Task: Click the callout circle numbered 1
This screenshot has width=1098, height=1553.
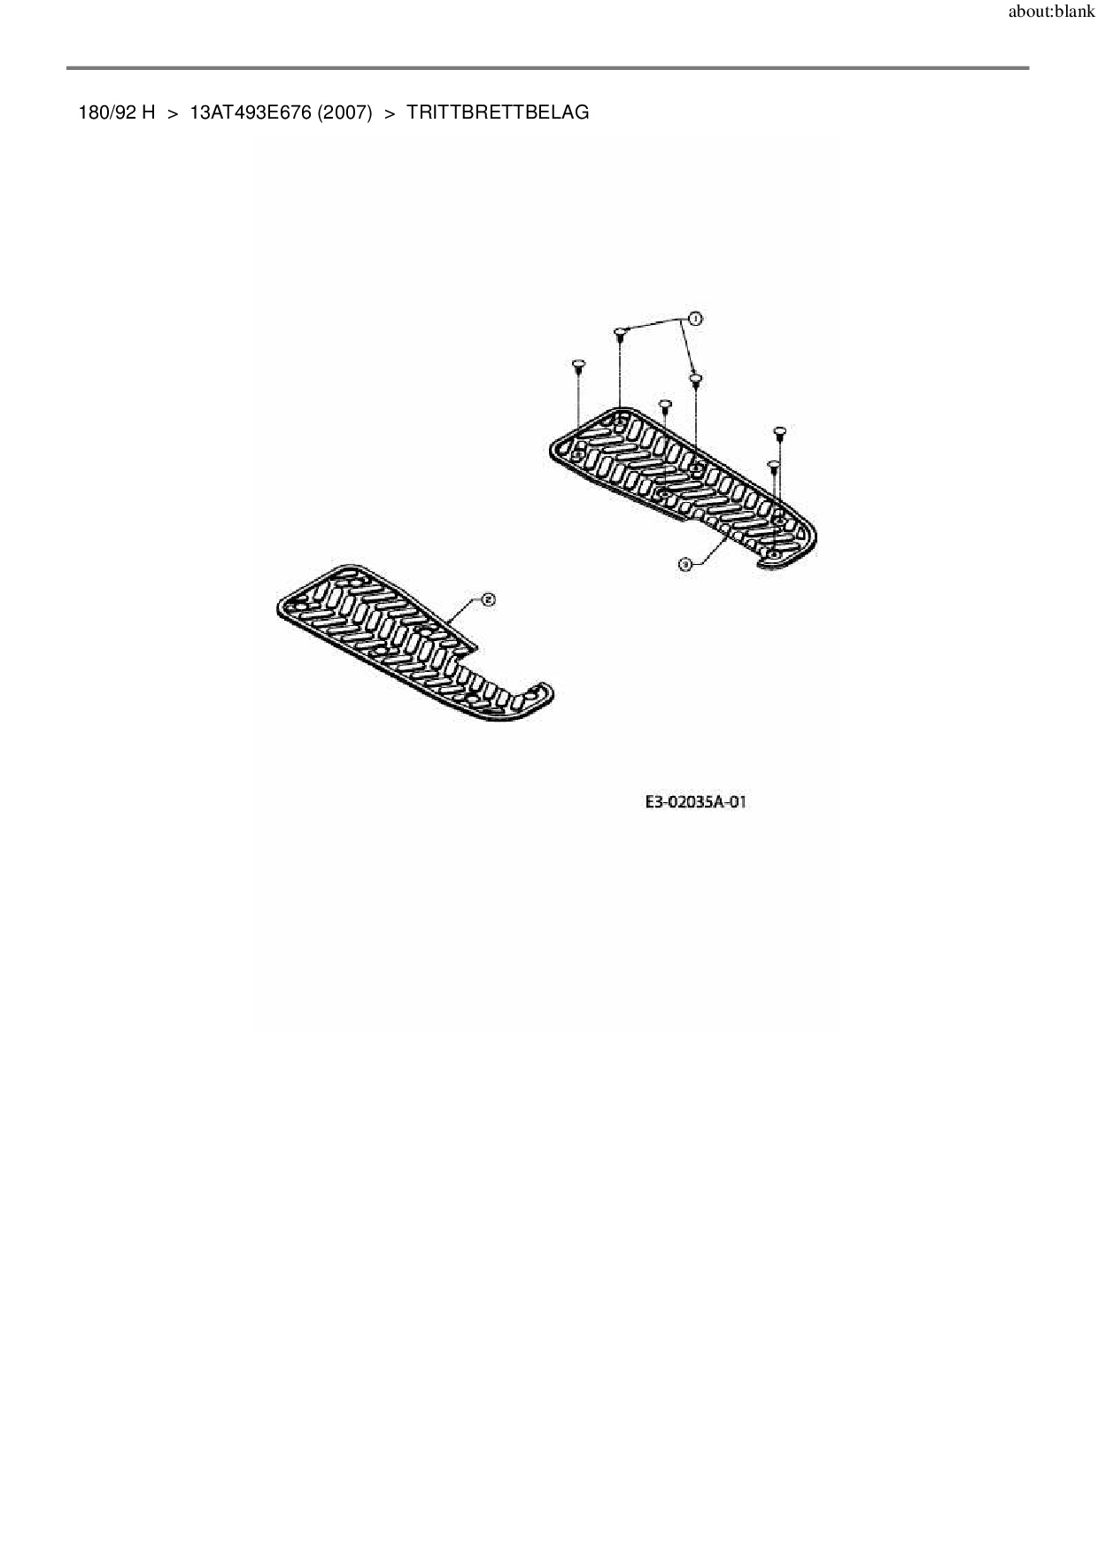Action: click(x=695, y=318)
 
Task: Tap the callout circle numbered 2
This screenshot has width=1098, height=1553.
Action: click(x=487, y=599)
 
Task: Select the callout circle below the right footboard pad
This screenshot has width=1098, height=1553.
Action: click(x=684, y=563)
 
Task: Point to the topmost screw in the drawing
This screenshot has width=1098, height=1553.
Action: click(x=621, y=333)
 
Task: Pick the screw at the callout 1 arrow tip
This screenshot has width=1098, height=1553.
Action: click(x=696, y=380)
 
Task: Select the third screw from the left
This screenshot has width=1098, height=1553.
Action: click(x=666, y=406)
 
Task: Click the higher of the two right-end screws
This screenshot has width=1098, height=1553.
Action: click(x=780, y=432)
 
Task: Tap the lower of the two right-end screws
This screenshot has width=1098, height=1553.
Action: click(x=773, y=464)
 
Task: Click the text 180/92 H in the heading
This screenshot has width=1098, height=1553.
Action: click(x=117, y=113)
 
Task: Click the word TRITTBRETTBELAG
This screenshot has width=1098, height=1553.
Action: click(x=498, y=113)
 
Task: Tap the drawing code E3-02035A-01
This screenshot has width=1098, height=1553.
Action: click(x=695, y=802)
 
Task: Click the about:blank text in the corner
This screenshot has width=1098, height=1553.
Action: click(x=1051, y=13)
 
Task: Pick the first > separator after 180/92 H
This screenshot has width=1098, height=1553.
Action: click(x=173, y=113)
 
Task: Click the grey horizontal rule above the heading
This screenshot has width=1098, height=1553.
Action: click(x=547, y=67)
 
